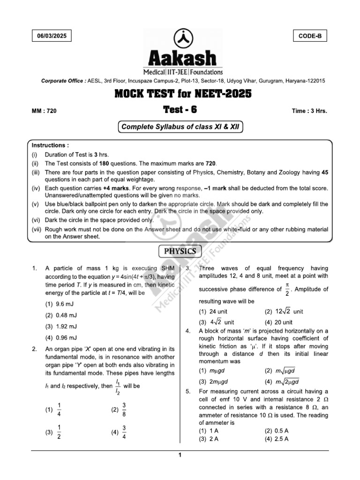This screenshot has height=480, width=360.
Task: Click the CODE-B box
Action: click(x=310, y=36)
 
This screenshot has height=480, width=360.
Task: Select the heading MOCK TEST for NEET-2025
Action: click(x=183, y=94)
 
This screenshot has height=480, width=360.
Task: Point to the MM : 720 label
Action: click(x=44, y=111)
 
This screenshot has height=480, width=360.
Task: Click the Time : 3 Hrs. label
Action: click(x=309, y=111)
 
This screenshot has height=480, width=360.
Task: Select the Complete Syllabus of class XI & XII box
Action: click(x=180, y=127)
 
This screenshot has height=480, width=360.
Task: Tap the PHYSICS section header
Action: click(x=180, y=251)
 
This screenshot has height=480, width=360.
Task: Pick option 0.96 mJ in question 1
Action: click(x=61, y=337)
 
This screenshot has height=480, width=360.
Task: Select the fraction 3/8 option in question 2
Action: click(x=119, y=409)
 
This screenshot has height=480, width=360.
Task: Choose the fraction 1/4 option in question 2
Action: click(x=53, y=409)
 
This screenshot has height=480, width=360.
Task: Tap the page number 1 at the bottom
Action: click(x=180, y=454)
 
